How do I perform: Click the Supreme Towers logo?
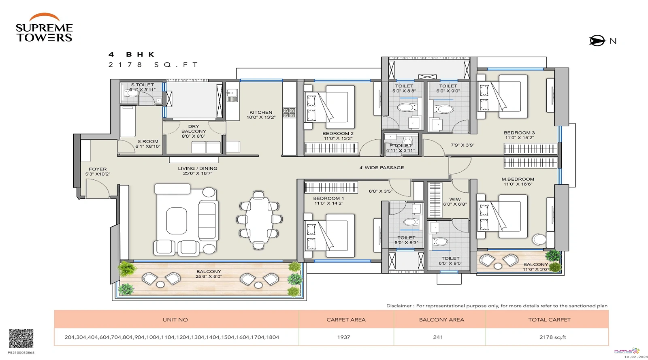pos(44,28)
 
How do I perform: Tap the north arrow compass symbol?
pos(597,41)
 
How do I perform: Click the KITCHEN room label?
pos(261,115)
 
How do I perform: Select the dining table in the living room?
pos(259,219)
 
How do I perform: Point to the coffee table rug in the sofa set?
pos(177,221)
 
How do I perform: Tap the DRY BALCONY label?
pos(194,131)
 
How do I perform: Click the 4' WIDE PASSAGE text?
pos(382,168)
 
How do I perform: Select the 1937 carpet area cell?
pos(343,337)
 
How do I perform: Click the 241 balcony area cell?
pos(438,337)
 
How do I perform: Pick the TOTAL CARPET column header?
pos(549,320)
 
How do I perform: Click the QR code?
pos(21,339)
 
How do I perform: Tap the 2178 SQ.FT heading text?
pos(153,65)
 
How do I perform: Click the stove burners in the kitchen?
pos(289,113)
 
